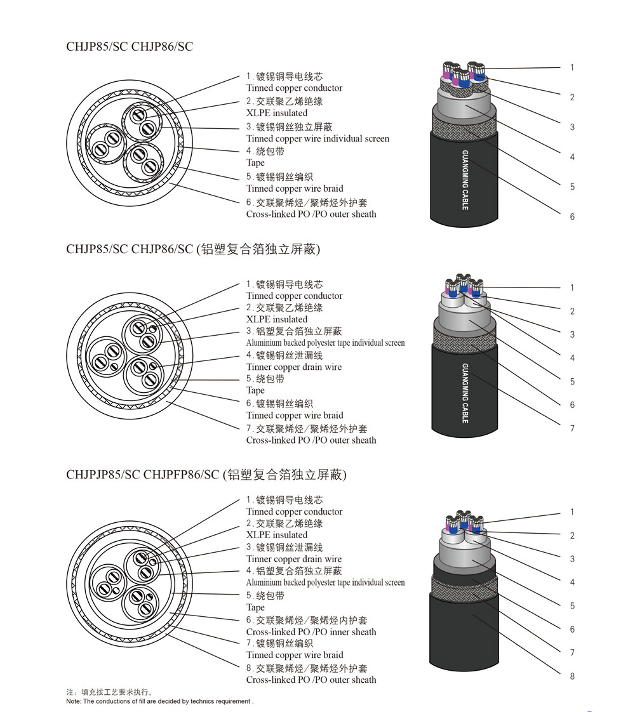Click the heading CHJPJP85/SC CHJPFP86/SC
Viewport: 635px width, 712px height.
142,475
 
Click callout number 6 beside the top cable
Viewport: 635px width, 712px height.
572,217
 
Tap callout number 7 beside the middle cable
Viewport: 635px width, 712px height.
572,429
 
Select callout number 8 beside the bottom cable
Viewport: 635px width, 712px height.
572,676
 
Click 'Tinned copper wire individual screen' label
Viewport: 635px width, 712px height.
317,138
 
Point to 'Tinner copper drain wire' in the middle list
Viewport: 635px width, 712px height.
294,367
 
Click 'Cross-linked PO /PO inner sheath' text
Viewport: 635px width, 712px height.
311,632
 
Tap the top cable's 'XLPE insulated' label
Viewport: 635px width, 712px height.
277,113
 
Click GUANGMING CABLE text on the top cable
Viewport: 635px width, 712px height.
465,180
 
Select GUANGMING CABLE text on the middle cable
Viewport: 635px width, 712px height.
465,393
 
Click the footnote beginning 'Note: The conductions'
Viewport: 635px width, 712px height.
159,701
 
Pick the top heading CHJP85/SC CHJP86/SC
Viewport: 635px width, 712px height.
130,46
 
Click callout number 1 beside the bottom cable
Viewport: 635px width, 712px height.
572,512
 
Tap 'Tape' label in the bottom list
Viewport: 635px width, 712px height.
255,607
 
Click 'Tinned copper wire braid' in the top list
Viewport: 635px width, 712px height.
295,188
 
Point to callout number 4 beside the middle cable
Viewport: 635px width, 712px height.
572,359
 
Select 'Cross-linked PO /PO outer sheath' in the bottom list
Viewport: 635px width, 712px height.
311,680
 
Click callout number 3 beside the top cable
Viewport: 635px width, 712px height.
572,127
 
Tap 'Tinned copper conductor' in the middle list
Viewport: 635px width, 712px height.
294,296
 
